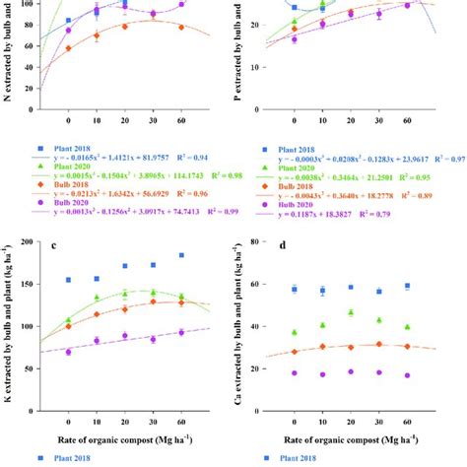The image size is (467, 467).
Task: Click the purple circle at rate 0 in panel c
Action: tap(68, 352)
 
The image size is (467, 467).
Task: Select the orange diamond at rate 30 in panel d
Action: tap(378, 344)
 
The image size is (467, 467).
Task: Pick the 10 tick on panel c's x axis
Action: tap(97, 417)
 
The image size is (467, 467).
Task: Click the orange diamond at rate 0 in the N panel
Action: tap(68, 47)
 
